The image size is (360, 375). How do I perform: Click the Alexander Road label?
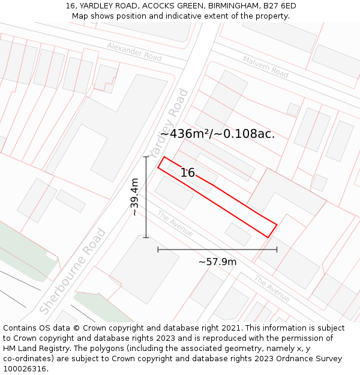134,51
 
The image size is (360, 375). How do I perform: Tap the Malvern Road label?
265,66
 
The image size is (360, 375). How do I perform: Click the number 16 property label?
188,173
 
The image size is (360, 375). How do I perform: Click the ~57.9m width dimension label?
217,262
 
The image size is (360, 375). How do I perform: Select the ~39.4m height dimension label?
134,197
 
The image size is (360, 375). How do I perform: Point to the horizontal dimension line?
217,249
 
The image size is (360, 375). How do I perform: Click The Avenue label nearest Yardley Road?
175,223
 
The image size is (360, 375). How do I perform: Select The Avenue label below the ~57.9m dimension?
271,288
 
